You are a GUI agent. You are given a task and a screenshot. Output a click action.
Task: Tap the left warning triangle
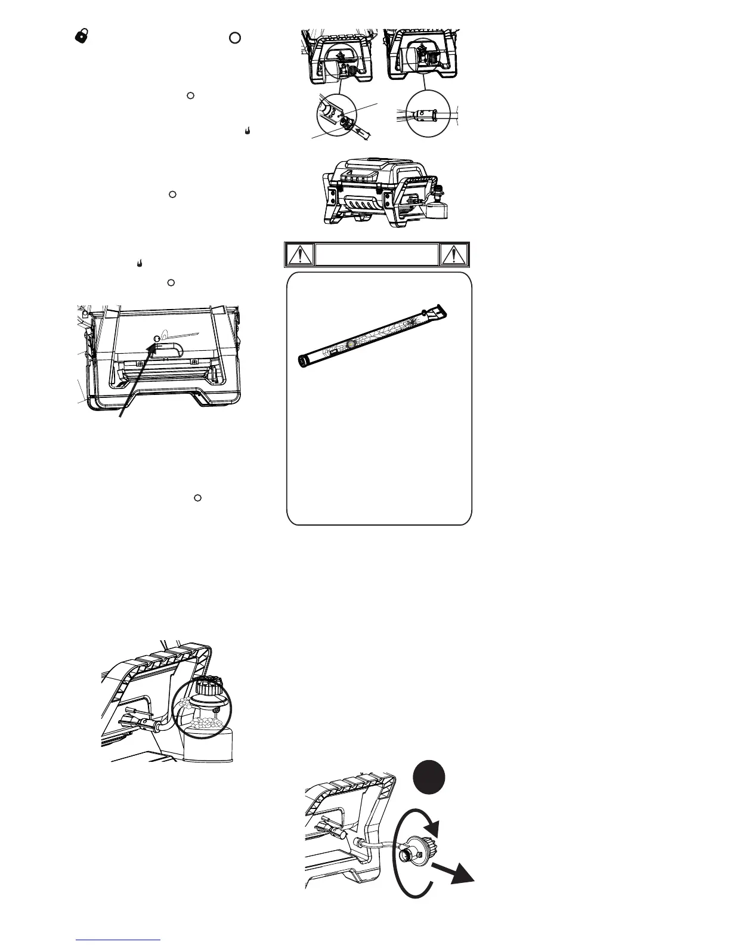(x=298, y=255)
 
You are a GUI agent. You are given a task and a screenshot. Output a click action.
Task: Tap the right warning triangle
(x=454, y=255)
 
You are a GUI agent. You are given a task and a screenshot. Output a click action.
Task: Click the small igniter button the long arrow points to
(x=157, y=339)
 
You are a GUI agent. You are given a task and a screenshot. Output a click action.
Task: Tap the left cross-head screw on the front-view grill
(x=139, y=363)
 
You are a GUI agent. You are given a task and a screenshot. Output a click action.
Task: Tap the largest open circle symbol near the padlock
(x=235, y=38)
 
